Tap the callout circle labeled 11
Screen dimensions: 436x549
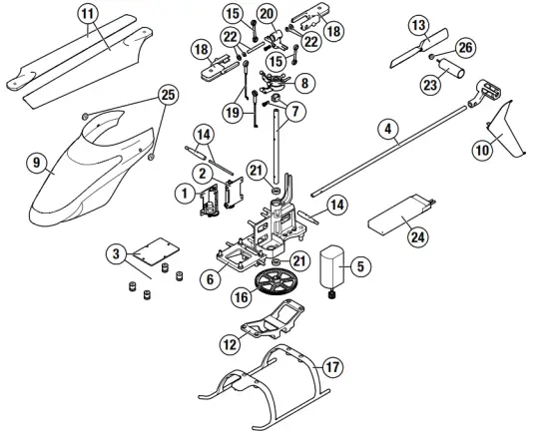88,14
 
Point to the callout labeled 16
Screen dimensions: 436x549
242,297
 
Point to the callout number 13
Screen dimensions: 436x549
419,23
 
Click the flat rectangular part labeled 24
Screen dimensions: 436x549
402,215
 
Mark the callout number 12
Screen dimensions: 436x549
230,343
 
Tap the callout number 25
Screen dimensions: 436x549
168,94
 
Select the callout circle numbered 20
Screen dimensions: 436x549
266,13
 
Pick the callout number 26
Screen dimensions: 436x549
464,47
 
